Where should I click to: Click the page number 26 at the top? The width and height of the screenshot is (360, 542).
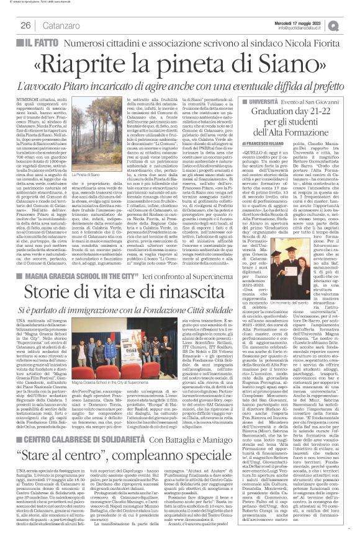(x=26, y=25)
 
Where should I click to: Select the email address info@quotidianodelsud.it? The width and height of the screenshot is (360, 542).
(x=305, y=28)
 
